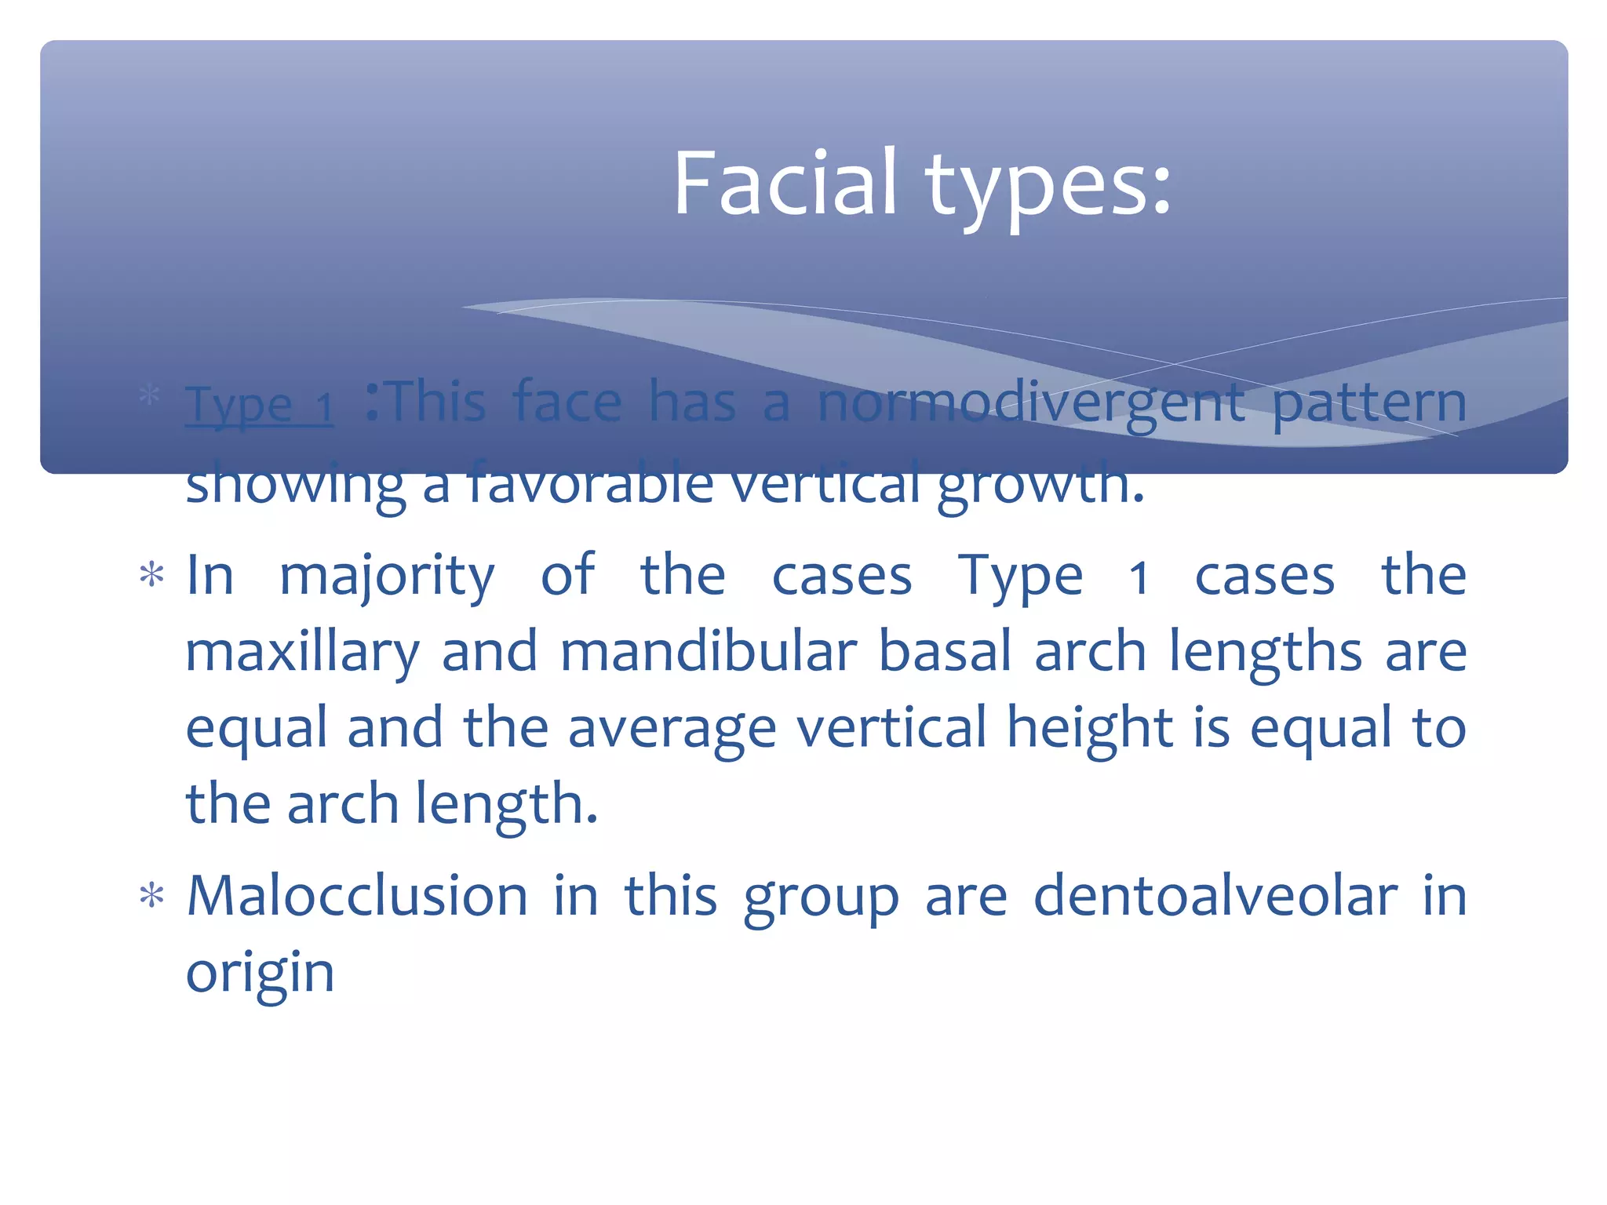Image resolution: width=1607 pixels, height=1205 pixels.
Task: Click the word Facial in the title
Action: coord(785,184)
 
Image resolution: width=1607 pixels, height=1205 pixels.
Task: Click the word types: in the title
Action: coord(1048,188)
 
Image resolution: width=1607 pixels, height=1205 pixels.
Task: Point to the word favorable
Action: coord(590,482)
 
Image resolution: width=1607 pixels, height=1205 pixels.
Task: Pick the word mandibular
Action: coord(709,652)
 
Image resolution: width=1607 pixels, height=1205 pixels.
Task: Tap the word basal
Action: coord(945,652)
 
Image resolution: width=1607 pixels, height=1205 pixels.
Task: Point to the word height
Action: coord(1090,728)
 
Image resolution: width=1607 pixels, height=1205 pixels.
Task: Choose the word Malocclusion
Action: coord(357,896)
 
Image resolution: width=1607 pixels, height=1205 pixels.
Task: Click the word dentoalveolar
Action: coord(1215,896)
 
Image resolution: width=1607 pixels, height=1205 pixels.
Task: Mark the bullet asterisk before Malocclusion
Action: coord(151,897)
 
